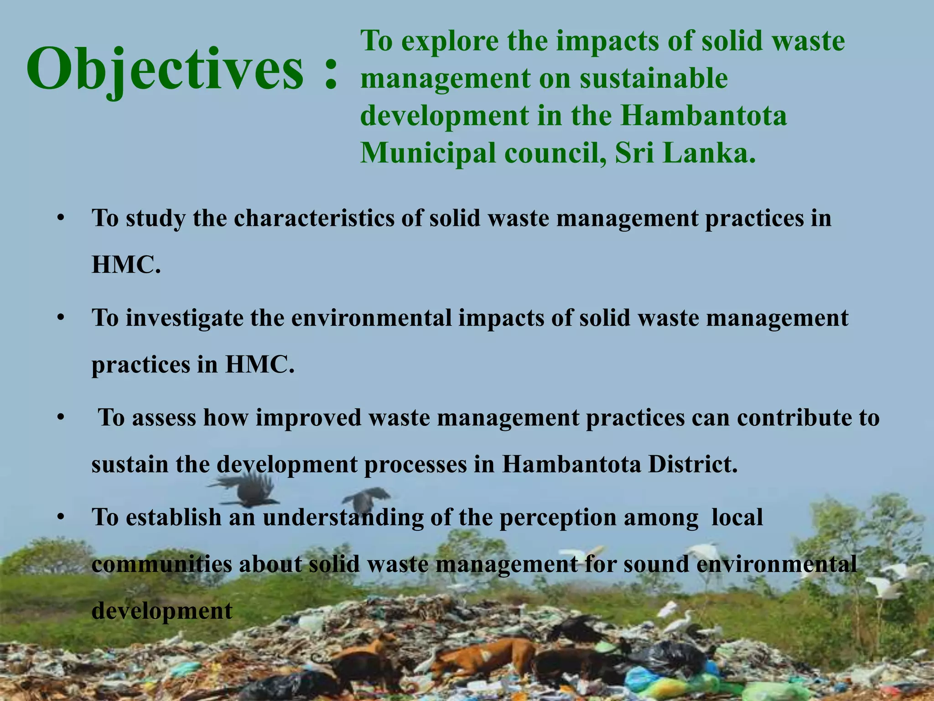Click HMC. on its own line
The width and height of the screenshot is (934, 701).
click(x=126, y=265)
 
